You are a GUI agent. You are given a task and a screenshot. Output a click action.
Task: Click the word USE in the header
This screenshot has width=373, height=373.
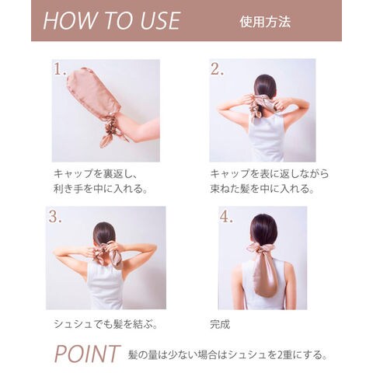(x=160, y=21)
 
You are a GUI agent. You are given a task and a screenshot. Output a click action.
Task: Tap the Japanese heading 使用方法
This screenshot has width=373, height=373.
(x=265, y=22)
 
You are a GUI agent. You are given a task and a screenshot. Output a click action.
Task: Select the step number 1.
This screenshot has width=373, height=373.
(x=59, y=69)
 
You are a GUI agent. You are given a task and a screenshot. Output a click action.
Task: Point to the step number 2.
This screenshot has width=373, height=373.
(x=217, y=69)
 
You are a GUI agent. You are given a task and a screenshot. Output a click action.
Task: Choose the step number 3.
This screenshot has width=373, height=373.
(x=55, y=217)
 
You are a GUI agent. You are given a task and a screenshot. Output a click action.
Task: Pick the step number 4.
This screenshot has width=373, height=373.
(x=226, y=217)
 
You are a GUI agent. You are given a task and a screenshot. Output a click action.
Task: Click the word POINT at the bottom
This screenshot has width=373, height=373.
(x=87, y=354)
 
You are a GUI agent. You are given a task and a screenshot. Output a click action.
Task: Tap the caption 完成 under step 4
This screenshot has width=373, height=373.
(x=220, y=324)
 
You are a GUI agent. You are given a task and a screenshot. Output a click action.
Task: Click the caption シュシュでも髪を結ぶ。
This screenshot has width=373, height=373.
(x=106, y=324)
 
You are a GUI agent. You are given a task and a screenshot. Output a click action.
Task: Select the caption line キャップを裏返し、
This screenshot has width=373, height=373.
(x=96, y=174)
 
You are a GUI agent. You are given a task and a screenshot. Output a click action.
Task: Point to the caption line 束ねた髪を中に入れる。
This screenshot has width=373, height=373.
(x=263, y=188)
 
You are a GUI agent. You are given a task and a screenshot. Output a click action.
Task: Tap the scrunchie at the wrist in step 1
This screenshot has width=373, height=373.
(x=112, y=131)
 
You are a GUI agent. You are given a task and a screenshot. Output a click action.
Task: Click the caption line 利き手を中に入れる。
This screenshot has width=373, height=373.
(x=101, y=188)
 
